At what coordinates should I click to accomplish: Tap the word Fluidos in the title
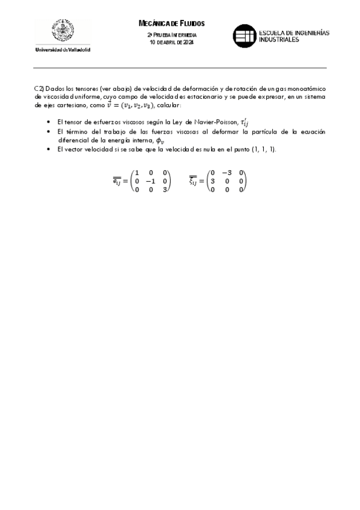coord(192,23)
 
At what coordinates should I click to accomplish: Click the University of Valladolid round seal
coord(63,31)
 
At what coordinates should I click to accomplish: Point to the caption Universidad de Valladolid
coord(63,49)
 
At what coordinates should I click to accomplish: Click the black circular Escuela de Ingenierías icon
coord(244,35)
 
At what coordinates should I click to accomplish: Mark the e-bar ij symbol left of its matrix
coord(120,181)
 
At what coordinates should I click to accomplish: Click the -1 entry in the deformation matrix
coord(150,180)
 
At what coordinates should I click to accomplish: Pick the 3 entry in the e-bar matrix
coord(163,189)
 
